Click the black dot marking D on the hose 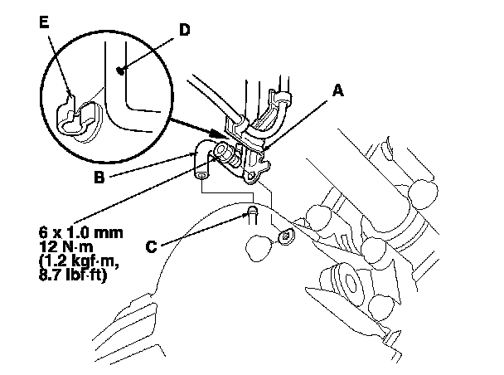[122, 71]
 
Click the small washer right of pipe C [286, 237]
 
